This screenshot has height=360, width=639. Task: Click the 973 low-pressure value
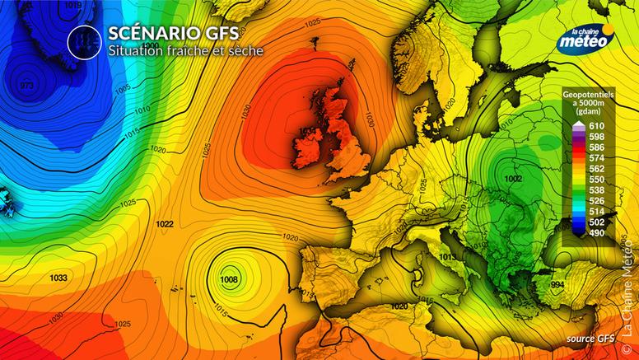27,86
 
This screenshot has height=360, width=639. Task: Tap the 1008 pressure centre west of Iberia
230,280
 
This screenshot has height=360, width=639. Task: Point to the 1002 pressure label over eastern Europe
514,179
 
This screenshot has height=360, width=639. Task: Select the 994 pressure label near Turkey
557,284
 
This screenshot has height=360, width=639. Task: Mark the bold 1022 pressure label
164,224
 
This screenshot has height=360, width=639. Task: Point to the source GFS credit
590,339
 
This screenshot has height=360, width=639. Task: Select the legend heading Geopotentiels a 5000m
587,102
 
